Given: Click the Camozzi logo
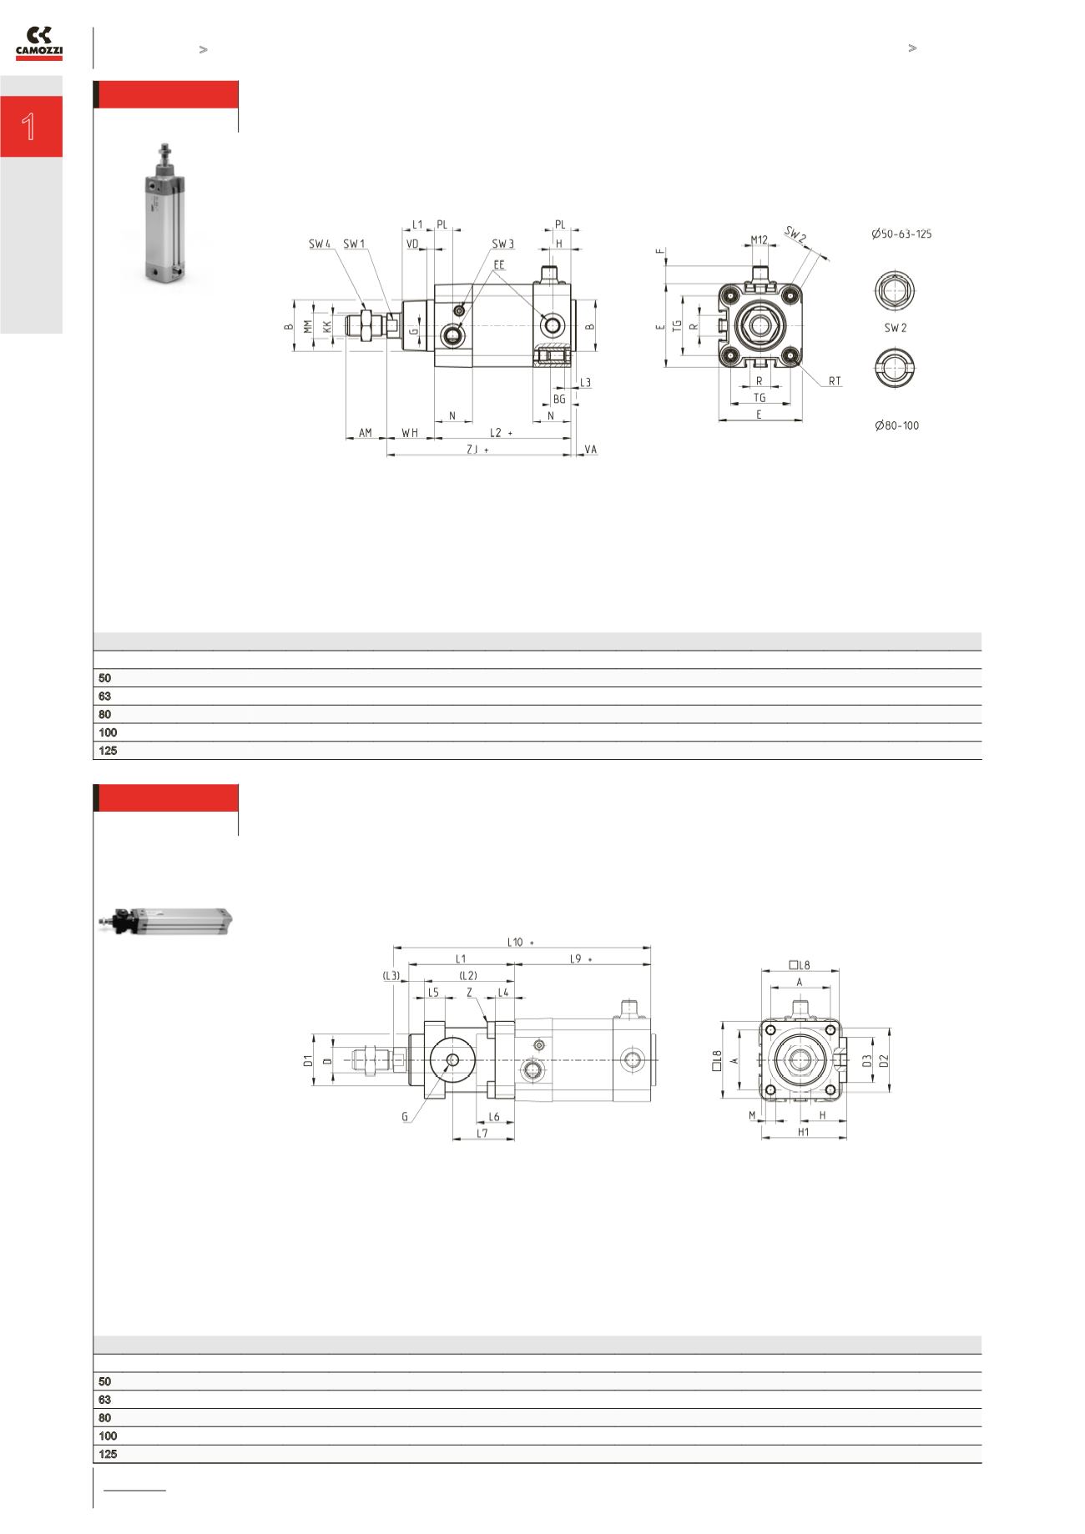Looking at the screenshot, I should [x=39, y=43].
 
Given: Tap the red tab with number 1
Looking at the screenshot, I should [x=31, y=127].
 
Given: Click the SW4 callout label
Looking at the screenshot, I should [x=320, y=244].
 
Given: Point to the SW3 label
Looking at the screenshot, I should [x=502, y=244].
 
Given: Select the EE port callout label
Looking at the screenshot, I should [x=499, y=264].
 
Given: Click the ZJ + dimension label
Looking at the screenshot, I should [x=477, y=450].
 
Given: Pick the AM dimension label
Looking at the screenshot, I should [x=366, y=433].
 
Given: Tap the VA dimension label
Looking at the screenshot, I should [x=591, y=450].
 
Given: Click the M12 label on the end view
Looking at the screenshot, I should [x=759, y=239].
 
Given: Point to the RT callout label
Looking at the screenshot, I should [x=835, y=381].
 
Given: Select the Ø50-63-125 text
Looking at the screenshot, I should [x=901, y=234].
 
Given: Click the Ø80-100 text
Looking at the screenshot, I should [x=897, y=425].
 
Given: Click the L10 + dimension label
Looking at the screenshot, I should [x=520, y=942].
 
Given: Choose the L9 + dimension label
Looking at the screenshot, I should [x=580, y=959].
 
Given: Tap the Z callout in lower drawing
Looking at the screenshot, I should [x=470, y=993].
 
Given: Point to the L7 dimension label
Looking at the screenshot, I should [x=482, y=1134].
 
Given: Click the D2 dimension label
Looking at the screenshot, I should [x=884, y=1060].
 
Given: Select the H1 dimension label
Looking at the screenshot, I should [x=803, y=1133].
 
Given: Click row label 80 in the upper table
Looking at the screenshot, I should [x=105, y=715].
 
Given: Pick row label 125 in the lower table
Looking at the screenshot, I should [x=108, y=1454].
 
